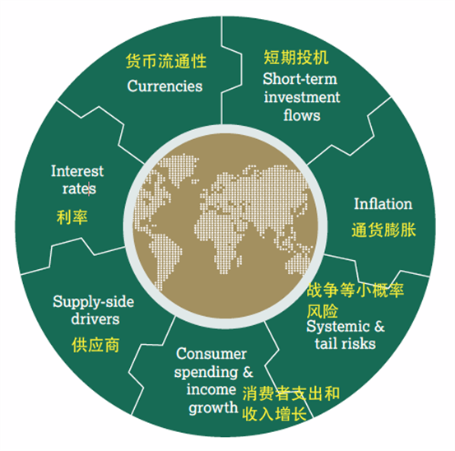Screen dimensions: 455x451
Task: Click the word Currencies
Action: point(165,86)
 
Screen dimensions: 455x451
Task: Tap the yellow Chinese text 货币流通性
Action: point(166,61)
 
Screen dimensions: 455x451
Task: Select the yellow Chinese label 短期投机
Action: point(296,57)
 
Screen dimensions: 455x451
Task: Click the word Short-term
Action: point(300,79)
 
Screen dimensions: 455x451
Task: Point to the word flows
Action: point(302,115)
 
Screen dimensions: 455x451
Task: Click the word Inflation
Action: point(383,204)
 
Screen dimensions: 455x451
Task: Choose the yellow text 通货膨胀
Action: point(383,230)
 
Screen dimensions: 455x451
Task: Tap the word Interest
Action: point(77,171)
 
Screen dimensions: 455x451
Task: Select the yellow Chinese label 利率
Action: point(72,217)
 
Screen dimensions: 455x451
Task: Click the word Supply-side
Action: point(94,302)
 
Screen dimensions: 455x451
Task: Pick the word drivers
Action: point(95,318)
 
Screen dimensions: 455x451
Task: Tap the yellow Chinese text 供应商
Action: point(95,345)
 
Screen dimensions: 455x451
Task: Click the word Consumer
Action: point(211,354)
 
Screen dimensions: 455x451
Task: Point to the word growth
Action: point(213,408)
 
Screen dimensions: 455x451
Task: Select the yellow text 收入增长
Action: point(274,413)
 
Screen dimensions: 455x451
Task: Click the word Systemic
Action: point(338,327)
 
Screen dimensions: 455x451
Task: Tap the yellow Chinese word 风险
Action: point(323,311)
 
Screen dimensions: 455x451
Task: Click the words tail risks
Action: point(345,344)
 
